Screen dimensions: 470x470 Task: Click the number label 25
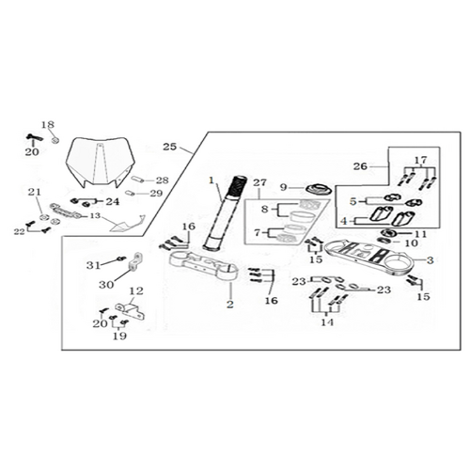tap(169, 147)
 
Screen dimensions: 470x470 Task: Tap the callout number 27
tap(259, 182)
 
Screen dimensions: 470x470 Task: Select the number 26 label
tap(360, 166)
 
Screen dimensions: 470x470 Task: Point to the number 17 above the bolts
tap(420, 160)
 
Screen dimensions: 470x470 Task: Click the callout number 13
tap(95, 215)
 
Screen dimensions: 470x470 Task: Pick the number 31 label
tap(93, 265)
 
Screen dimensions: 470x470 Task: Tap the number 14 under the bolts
tap(327, 321)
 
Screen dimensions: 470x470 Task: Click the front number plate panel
tap(101, 163)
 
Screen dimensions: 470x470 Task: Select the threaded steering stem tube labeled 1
tap(226, 213)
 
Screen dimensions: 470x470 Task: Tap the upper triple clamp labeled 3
tap(369, 258)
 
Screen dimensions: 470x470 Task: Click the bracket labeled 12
tap(131, 311)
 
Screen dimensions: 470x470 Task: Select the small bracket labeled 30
tap(135, 261)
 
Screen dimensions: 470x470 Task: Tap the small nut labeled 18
tap(55, 140)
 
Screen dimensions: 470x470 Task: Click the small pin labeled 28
tap(137, 180)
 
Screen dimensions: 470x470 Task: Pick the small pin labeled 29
tap(131, 193)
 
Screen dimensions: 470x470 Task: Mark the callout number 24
tap(113, 201)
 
